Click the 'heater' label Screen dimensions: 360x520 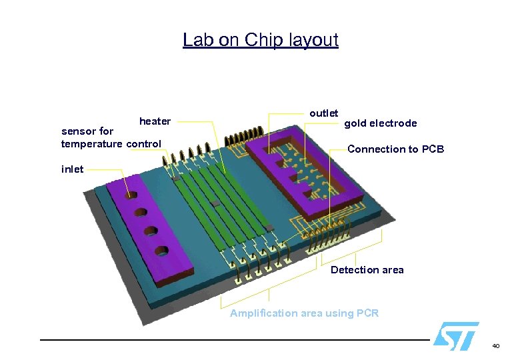coord(155,121)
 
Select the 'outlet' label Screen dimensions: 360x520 coord(324,113)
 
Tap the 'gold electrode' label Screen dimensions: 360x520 coord(380,123)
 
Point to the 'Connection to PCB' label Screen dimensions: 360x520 coord(395,149)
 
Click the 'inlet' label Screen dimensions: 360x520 coord(73,169)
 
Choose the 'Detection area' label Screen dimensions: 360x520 coord(367,270)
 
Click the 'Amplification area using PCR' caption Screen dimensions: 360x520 coord(304,313)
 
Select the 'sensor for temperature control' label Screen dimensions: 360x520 coord(111,138)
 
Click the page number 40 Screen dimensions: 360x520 coord(495,346)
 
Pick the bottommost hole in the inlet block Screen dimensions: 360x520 coord(162,251)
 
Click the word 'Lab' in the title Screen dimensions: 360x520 coord(198,40)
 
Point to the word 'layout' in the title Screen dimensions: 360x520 coord(313,40)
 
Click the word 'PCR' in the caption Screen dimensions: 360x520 coord(367,313)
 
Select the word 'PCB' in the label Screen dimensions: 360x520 coord(433,149)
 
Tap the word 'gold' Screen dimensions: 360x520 coord(355,123)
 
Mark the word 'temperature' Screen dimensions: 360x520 coord(91,144)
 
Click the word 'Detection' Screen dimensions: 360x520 coord(353,270)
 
